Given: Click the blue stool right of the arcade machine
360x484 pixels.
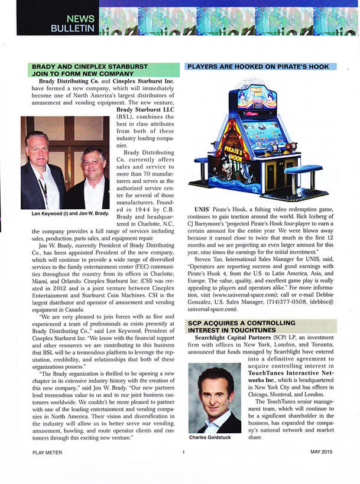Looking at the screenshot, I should pyautogui.click(x=303, y=171).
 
